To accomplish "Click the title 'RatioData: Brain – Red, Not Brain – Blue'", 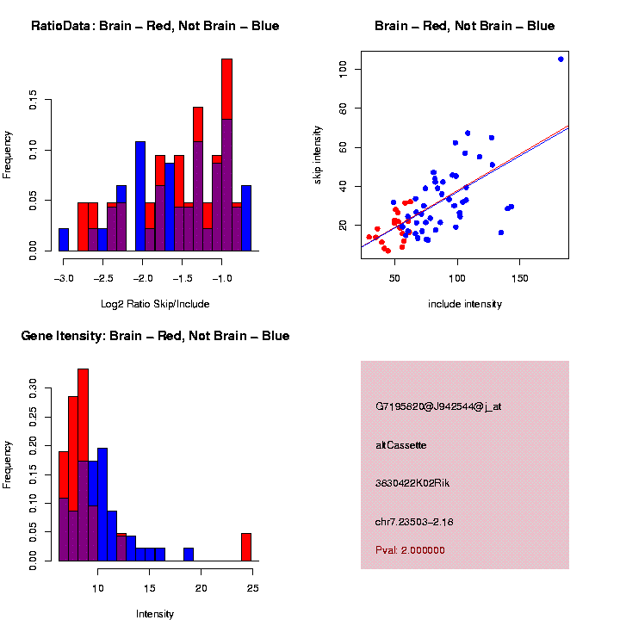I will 155,26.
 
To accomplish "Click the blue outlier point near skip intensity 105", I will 561,59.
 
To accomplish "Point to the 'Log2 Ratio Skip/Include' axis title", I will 155,304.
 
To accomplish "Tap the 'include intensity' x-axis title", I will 465,304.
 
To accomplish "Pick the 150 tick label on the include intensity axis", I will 519,279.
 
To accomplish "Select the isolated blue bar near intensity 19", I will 188,555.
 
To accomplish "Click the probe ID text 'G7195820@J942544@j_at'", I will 438,406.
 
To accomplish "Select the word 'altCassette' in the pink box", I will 401,445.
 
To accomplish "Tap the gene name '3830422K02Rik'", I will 412,483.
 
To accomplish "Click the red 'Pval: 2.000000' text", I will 411,549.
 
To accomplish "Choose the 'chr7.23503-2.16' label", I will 415,522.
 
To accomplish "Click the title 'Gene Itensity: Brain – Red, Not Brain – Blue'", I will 155,336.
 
